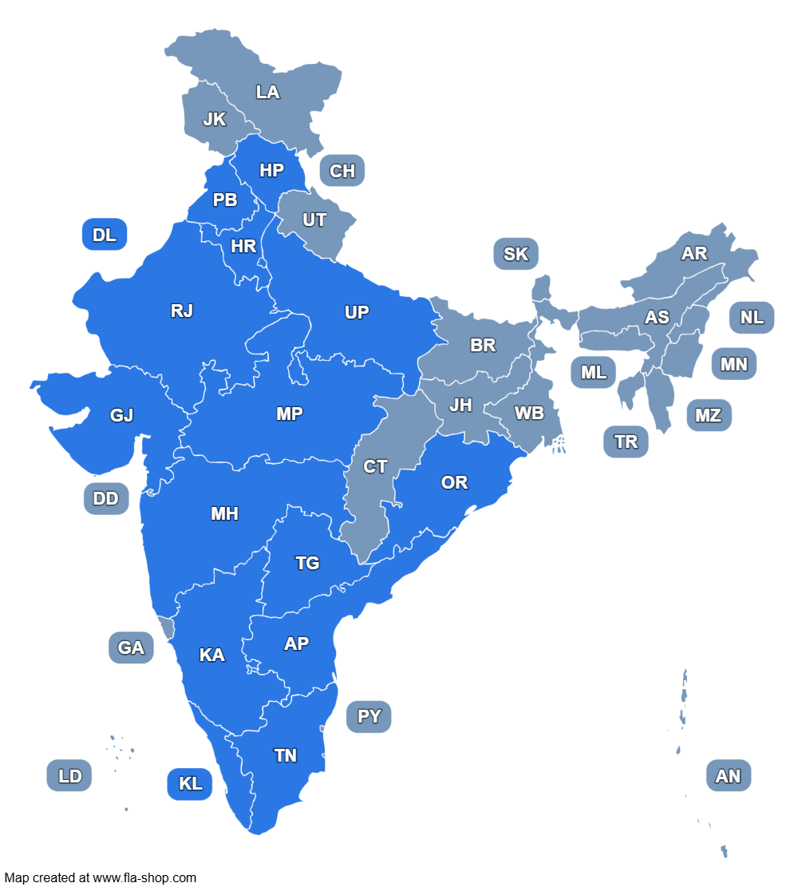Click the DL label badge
point(105,235)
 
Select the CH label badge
point(342,171)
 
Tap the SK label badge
point(516,254)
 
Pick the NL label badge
point(752,317)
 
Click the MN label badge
point(734,364)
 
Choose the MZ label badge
point(709,415)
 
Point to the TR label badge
point(626,442)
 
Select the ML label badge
point(594,372)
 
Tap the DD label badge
point(105,499)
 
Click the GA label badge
point(131,647)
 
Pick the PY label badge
point(369,716)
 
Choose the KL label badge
point(190,784)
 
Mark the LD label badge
point(69,775)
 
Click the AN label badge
point(729,775)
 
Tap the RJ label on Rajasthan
point(182,311)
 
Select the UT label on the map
point(314,220)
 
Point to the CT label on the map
point(375,467)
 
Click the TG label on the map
point(307,563)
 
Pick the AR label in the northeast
point(694,253)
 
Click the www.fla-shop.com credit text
point(144,877)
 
